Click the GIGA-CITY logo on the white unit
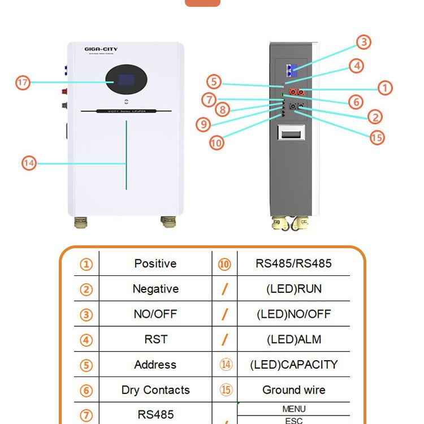coord(101,49)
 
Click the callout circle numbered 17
coord(23,83)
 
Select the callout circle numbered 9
coord(204,124)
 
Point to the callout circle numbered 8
coord(222,109)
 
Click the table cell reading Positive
coord(155,263)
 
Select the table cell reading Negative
coord(155,289)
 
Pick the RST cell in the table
coord(155,339)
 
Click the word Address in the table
coord(155,365)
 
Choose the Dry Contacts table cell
coord(155,390)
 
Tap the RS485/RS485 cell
coord(293,263)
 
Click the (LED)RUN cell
coord(293,289)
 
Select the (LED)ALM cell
coord(293,339)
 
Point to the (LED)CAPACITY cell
coord(293,365)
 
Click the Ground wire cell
coord(293,390)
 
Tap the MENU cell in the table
coord(293,409)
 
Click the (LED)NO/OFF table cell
coord(293,314)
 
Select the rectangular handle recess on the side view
coord(291,133)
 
